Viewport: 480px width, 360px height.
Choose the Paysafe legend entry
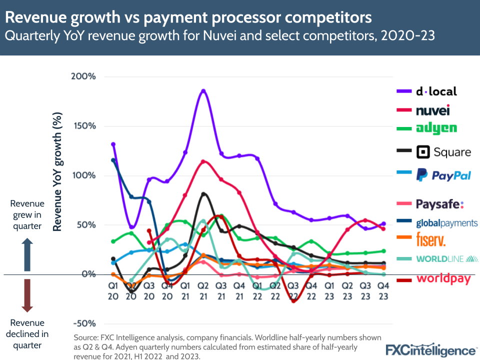click(x=440, y=203)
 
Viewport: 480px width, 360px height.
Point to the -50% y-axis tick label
click(x=86, y=323)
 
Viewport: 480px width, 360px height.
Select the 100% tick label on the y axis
click(x=86, y=175)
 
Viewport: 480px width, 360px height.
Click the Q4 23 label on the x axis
click(x=383, y=291)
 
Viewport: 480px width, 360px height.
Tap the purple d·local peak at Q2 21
click(x=203, y=91)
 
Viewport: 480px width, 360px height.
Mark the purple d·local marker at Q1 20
click(x=113, y=144)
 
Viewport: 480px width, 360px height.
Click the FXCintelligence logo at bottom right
click(x=431, y=349)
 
